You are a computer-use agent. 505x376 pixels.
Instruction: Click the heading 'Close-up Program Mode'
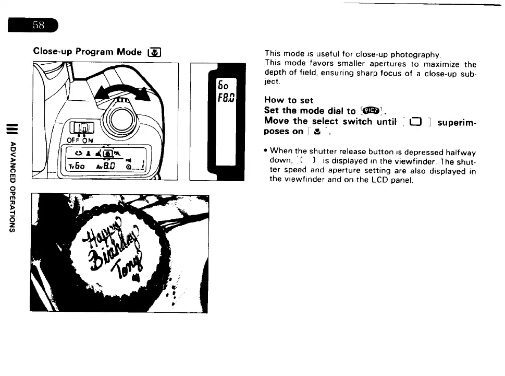pos(87,52)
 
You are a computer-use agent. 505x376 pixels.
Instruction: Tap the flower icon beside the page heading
pos(155,52)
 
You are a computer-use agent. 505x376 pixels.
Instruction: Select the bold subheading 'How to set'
pos(288,100)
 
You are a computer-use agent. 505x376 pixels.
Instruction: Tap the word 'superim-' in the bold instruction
pos(457,122)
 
